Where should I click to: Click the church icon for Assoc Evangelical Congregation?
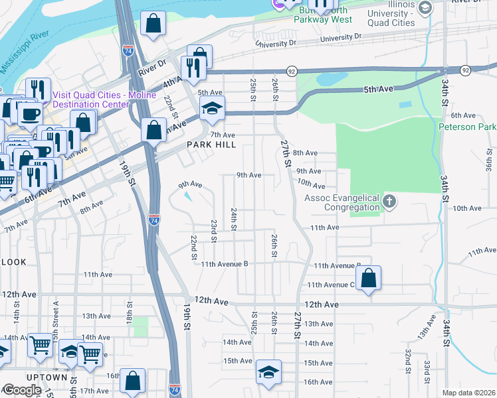(390, 200)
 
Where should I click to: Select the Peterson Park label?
(468, 126)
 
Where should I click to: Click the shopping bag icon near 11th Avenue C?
(368, 279)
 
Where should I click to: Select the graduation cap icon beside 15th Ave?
(268, 373)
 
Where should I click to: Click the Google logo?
(22, 390)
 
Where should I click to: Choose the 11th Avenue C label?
(330, 285)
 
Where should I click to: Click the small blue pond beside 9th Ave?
(187, 196)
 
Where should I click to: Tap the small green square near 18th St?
(140, 326)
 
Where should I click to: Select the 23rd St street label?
(214, 232)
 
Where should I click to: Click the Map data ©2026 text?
(468, 393)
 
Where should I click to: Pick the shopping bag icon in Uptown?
(133, 381)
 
